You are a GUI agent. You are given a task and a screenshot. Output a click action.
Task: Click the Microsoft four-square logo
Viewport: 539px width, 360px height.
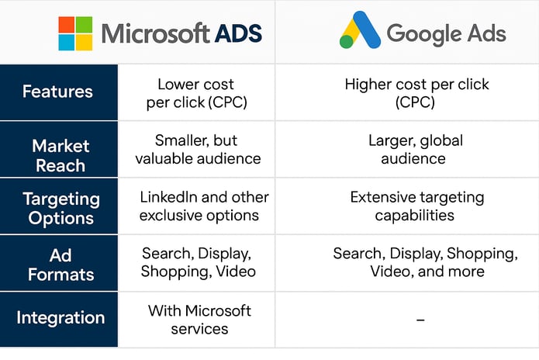75,33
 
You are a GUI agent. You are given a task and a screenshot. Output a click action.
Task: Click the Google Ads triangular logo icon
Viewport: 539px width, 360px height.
360,30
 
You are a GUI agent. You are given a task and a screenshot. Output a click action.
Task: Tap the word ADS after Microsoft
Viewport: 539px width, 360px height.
238,33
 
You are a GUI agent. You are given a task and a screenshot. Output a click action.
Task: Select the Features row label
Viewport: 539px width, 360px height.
57,92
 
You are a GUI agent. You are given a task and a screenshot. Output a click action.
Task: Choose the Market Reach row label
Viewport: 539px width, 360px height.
60,155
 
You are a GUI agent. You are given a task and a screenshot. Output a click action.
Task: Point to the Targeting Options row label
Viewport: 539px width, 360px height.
61,209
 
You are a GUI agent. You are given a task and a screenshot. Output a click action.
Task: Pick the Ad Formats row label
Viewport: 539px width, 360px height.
60,265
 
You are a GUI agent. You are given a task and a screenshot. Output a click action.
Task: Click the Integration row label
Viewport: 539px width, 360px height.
60,317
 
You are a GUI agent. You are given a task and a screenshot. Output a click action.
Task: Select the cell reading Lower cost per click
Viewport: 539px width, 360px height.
196,93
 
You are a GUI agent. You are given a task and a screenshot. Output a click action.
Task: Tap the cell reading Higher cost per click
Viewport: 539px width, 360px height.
416,93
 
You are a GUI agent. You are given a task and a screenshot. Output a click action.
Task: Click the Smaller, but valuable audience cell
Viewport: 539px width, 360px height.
198,149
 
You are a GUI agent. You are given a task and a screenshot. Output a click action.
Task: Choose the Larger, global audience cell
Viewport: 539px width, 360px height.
415,149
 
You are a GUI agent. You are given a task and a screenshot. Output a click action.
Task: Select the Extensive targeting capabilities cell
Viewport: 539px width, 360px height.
417,206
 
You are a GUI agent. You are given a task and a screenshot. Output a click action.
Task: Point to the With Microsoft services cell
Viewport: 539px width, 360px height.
199,320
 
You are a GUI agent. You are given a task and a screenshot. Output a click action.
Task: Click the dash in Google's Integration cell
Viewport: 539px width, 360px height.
420,320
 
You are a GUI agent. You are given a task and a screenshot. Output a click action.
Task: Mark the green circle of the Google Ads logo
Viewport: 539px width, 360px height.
346,42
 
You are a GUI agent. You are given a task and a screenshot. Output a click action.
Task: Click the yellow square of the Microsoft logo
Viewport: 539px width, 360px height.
84,43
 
